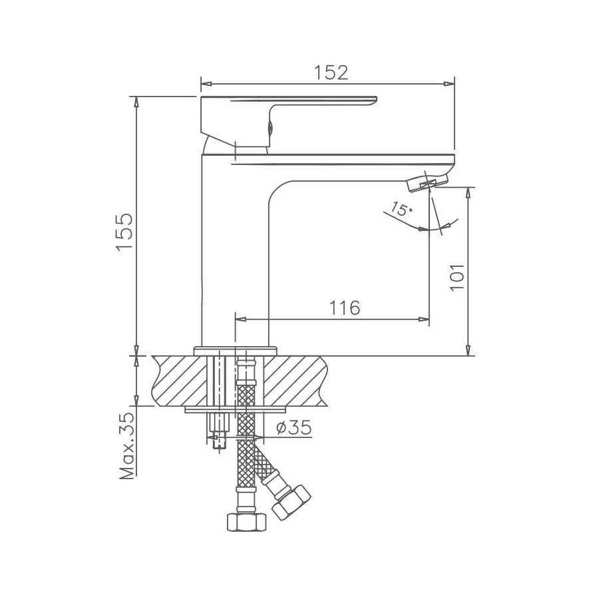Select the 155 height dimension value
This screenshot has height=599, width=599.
pos(126,232)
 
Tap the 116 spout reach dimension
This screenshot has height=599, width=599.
pos(345,308)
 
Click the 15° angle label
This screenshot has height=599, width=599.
pos(401,210)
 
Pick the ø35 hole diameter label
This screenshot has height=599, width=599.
pos(292,428)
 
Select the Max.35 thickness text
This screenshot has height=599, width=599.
pos(126,445)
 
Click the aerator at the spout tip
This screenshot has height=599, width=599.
pos(426,182)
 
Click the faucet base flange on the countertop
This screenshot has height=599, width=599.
pos(234,349)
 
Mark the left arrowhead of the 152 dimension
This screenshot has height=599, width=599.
pos(206,84)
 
